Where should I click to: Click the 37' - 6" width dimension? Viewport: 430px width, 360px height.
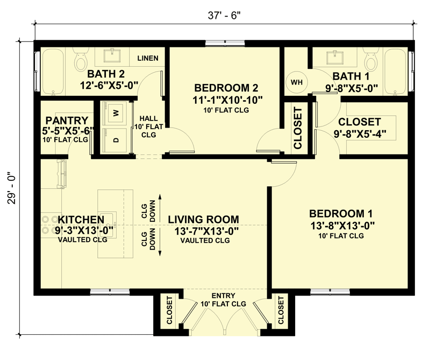[x=224, y=16]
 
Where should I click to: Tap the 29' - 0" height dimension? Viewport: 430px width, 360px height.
[x=12, y=188]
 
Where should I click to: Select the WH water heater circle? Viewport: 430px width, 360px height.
[x=297, y=82]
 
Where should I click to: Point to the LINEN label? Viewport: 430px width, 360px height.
[x=148, y=58]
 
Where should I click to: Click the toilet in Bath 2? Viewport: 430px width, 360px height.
[x=81, y=59]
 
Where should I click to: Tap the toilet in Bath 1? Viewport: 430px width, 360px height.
[x=371, y=59]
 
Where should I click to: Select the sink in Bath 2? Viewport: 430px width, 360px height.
[x=112, y=56]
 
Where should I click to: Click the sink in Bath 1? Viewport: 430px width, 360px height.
[x=335, y=57]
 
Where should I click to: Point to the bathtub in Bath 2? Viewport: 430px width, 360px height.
[x=53, y=72]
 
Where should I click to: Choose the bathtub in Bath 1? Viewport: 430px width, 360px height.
[x=396, y=72]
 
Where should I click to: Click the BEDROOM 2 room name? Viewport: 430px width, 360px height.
[x=226, y=88]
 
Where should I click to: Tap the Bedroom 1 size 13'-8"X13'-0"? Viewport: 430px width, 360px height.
[x=342, y=225]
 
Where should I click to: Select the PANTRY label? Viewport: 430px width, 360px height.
[x=67, y=121]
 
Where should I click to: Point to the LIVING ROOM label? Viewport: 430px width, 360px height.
[x=203, y=220]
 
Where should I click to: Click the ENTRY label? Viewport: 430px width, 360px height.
[x=223, y=296]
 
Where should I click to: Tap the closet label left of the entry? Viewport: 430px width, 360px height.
[x=169, y=310]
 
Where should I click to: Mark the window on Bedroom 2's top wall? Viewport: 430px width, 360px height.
[x=225, y=43]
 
